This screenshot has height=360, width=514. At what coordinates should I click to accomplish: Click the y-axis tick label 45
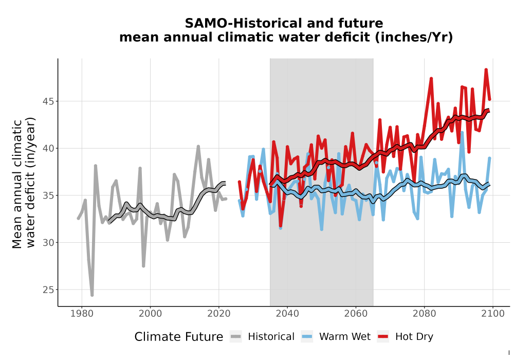48,101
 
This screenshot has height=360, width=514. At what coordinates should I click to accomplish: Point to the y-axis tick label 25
48,290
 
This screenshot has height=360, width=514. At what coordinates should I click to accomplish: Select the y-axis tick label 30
48,243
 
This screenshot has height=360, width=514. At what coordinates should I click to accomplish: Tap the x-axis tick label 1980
82,314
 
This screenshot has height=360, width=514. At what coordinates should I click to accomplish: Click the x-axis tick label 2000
151,314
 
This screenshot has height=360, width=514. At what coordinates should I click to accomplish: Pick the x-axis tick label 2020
218,314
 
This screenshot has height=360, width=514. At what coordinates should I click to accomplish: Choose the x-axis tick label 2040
287,314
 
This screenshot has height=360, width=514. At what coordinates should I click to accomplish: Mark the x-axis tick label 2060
356,314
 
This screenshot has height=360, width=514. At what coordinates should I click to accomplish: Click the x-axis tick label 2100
493,314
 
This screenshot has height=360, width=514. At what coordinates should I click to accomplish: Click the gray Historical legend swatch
236,337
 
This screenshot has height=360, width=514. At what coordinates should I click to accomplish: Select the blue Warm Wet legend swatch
307,337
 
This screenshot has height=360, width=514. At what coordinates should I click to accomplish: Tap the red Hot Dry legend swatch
383,337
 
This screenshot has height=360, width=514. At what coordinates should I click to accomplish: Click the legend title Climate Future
179,337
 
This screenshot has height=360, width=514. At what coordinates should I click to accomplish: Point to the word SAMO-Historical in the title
243,24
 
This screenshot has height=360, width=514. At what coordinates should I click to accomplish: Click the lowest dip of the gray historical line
92,295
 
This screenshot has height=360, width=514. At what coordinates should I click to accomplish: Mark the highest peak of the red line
486,69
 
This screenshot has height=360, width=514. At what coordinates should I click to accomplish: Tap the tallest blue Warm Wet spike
462,133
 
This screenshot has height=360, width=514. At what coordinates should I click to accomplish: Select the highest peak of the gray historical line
198,147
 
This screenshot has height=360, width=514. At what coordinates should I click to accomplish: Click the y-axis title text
23,184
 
